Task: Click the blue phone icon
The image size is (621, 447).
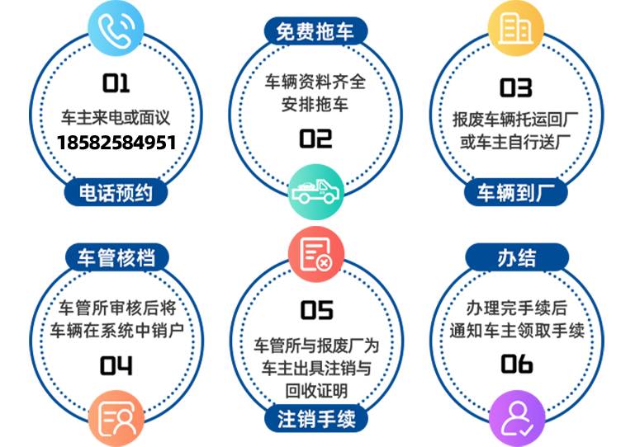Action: [x=116, y=28]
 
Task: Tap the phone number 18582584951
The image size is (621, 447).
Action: [x=116, y=143]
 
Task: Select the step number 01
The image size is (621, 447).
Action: [x=116, y=83]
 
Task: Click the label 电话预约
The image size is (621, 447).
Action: [x=116, y=193]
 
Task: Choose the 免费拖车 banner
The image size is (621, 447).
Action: [x=315, y=31]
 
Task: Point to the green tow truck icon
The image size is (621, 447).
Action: [x=315, y=192]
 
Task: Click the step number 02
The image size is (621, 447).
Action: [x=315, y=139]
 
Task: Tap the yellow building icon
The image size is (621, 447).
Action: [x=515, y=28]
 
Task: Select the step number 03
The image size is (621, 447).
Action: [x=515, y=87]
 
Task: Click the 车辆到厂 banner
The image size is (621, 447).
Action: [x=515, y=193]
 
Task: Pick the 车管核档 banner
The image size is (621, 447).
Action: [x=116, y=257]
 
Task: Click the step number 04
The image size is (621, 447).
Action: [x=116, y=365]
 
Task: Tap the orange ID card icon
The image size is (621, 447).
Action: [x=116, y=418]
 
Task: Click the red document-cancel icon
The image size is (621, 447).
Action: [x=315, y=254]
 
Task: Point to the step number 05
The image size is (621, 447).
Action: [x=316, y=310]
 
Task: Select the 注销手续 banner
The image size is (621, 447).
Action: [x=316, y=419]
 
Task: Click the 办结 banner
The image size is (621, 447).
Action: [x=517, y=257]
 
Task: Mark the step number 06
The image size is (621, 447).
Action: [x=517, y=364]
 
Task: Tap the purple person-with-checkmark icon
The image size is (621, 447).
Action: [x=517, y=418]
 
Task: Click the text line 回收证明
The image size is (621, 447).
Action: [x=316, y=391]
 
